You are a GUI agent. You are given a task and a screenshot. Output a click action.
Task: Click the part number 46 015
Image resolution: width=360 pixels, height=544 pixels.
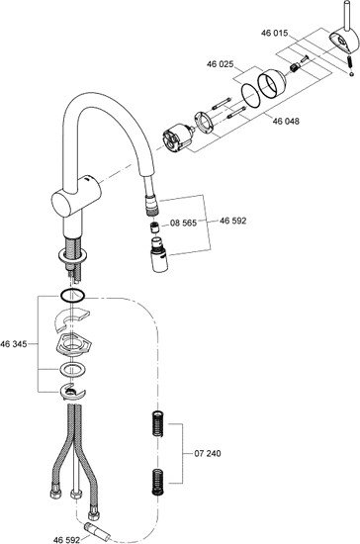point(274,33)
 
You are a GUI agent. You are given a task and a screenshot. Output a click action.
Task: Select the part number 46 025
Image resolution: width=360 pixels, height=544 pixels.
point(221,64)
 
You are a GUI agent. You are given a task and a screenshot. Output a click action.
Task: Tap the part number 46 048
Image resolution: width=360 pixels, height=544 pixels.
point(286,121)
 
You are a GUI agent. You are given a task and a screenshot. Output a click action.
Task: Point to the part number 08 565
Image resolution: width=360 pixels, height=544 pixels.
point(184,223)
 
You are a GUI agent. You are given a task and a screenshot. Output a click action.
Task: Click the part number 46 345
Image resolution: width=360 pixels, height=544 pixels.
point(14,344)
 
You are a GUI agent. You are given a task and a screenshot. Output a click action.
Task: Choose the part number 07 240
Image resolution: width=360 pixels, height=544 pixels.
point(207,453)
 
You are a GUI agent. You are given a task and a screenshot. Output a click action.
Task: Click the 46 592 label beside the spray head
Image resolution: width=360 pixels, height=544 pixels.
point(232,221)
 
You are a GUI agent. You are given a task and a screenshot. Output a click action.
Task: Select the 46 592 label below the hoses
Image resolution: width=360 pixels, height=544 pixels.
point(66,539)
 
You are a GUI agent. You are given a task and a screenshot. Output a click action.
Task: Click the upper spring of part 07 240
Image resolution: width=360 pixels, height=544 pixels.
point(158,423)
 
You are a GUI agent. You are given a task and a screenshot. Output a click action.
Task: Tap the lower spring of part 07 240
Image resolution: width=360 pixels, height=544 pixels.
point(157,483)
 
